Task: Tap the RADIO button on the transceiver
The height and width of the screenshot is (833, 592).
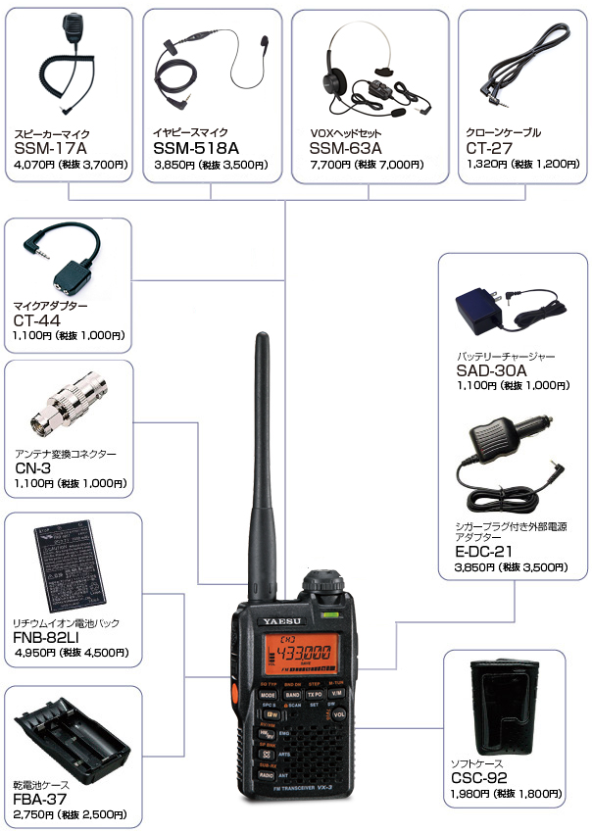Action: coord(267,773)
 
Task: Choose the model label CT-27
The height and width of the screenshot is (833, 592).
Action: coord(490,148)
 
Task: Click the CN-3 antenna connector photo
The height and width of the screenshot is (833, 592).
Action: coord(67,404)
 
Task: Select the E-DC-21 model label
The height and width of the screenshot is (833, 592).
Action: coord(475,552)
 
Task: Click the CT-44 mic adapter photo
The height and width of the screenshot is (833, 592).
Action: coord(64,261)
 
